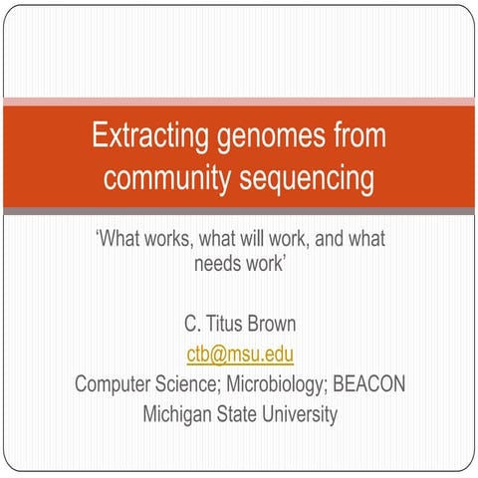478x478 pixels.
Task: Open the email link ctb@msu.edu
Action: coord(239,354)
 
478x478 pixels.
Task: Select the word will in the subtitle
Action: coord(252,240)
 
